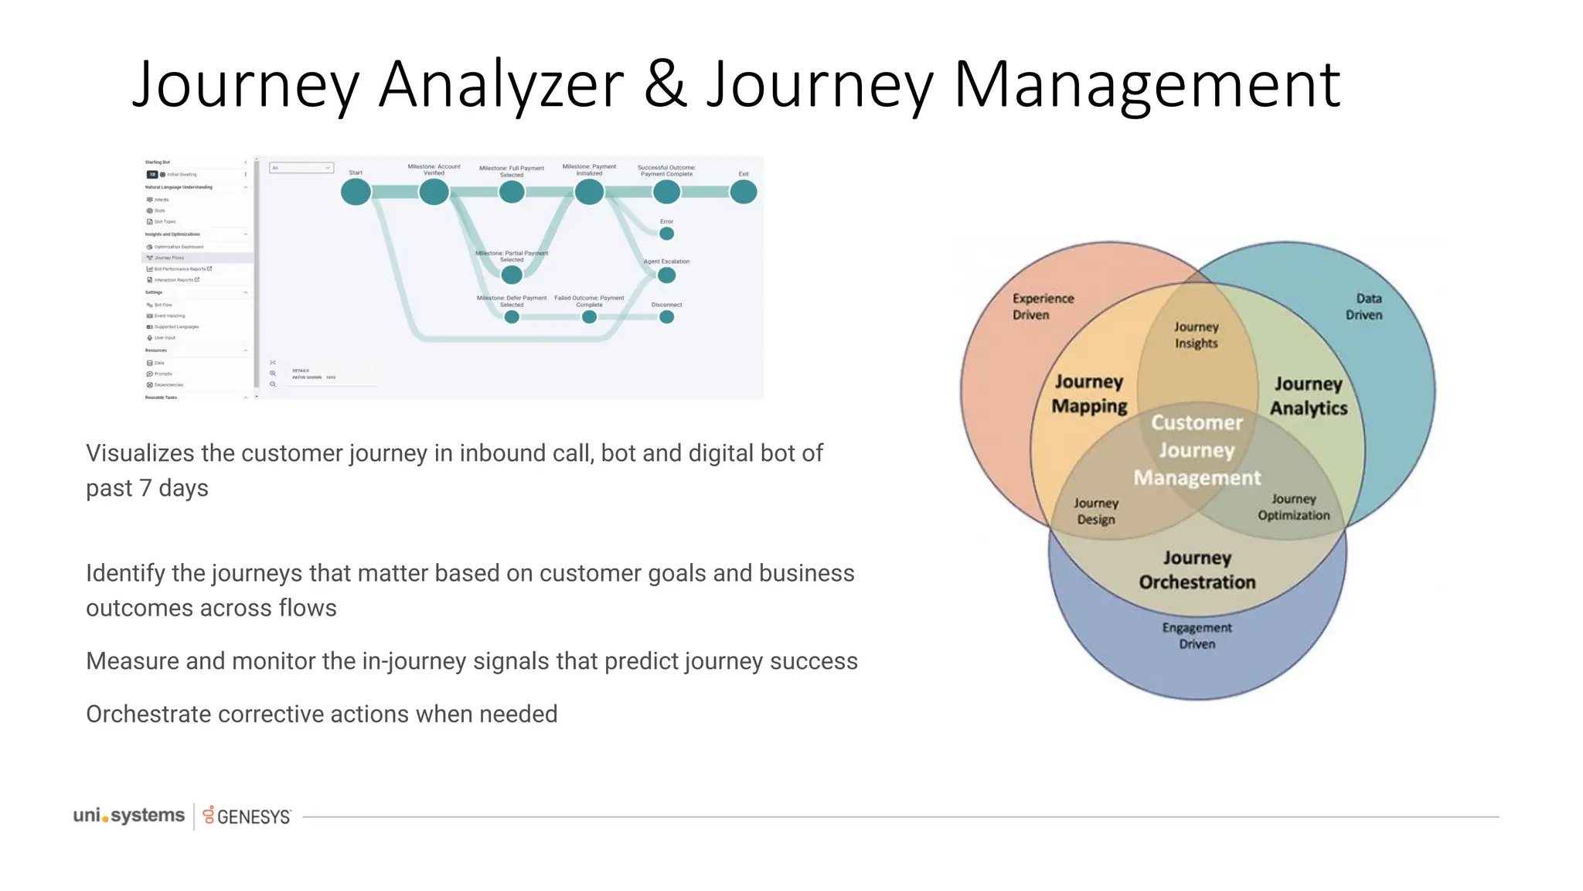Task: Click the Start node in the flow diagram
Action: tap(356, 192)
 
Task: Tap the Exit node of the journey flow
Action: tap(744, 192)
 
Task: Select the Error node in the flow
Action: tap(666, 234)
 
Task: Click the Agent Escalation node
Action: tap(666, 275)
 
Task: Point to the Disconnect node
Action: tap(666, 317)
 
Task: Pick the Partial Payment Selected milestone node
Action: tap(511, 275)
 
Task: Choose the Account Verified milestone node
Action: tap(434, 192)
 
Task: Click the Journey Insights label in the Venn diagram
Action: tap(1196, 335)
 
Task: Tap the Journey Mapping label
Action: tap(1089, 394)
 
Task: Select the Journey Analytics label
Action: tap(1308, 396)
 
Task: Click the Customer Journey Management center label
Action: tap(1197, 450)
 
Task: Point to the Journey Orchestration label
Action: tap(1197, 570)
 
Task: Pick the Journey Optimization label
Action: tap(1293, 507)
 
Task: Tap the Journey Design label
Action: tap(1096, 511)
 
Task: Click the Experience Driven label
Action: tap(1043, 306)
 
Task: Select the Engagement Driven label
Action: tap(1197, 636)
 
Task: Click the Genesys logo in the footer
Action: tap(247, 816)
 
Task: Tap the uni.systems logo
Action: tap(129, 815)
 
